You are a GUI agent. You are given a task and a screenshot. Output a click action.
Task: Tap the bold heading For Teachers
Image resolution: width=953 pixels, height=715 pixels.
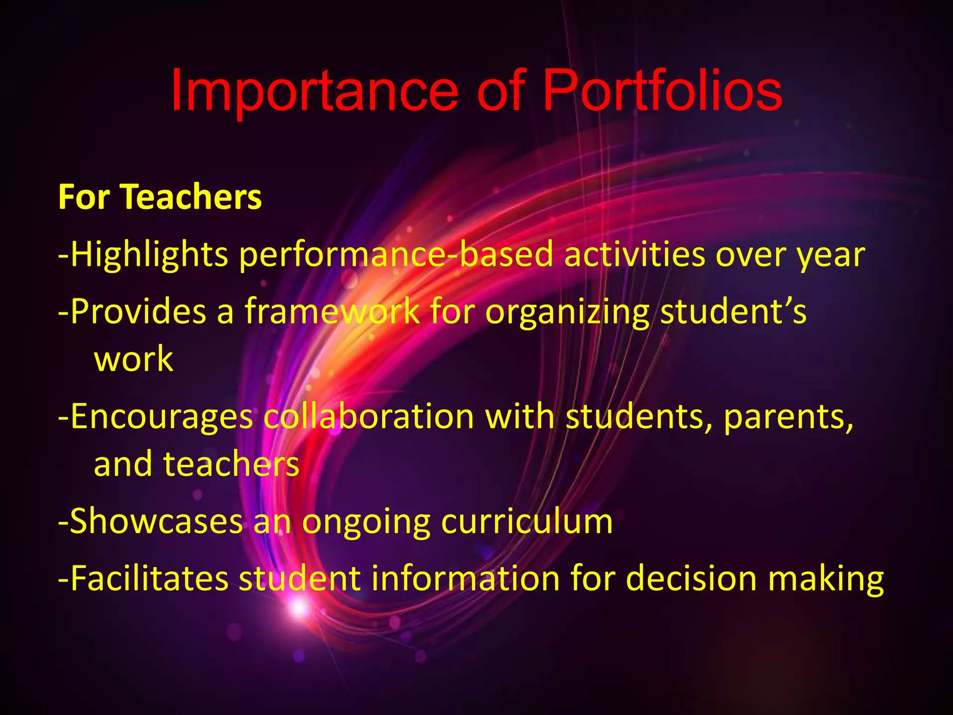160,197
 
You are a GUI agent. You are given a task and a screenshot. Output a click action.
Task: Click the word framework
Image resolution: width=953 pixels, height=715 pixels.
332,311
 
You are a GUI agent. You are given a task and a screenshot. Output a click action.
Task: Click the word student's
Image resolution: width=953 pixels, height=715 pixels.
733,311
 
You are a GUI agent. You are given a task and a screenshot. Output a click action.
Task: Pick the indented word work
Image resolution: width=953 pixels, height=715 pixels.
134,359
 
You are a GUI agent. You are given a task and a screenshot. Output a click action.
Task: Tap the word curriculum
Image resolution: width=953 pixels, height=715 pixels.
527,521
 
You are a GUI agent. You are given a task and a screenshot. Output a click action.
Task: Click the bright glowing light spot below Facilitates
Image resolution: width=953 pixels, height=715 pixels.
298,607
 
